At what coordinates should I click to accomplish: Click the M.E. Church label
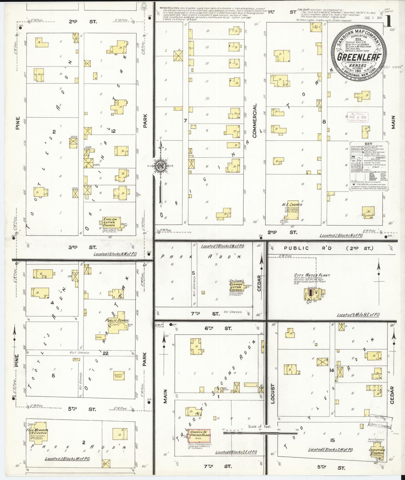tap(292, 205)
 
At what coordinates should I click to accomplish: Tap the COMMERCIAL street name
tap(254, 121)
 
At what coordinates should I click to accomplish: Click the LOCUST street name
tap(273, 393)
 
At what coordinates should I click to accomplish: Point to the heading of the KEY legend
tap(368, 144)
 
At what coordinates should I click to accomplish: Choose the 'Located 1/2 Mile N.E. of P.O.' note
tap(358, 315)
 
